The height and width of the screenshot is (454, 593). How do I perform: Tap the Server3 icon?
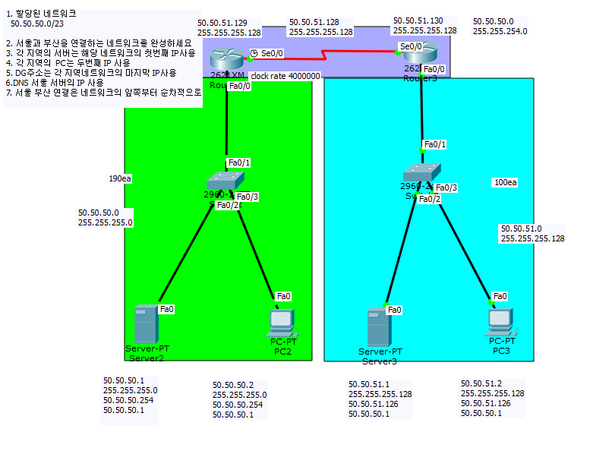pyautogui.click(x=377, y=327)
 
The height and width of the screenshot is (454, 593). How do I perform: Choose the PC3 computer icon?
pyautogui.click(x=500, y=323)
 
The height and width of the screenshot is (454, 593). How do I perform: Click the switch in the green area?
pyautogui.click(x=226, y=181)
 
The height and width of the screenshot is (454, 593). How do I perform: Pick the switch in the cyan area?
pyautogui.click(x=421, y=173)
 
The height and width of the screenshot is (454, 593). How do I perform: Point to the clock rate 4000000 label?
pyautogui.click(x=285, y=77)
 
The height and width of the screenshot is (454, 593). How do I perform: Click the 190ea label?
pyautogui.click(x=120, y=179)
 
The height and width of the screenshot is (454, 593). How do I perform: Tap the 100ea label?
pyautogui.click(x=505, y=183)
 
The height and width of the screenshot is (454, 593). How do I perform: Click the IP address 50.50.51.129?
pyautogui.click(x=222, y=23)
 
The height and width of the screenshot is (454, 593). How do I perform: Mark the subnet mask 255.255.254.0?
pyautogui.click(x=500, y=31)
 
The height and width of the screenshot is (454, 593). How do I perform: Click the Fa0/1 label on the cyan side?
pyautogui.click(x=435, y=144)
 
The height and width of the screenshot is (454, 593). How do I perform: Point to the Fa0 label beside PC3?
pyautogui.click(x=500, y=296)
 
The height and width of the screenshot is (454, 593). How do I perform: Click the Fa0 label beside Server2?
pyautogui.click(x=167, y=309)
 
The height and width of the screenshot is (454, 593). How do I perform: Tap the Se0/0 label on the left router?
pyautogui.click(x=273, y=53)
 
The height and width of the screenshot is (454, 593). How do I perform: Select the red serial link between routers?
pyautogui.click(x=326, y=54)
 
